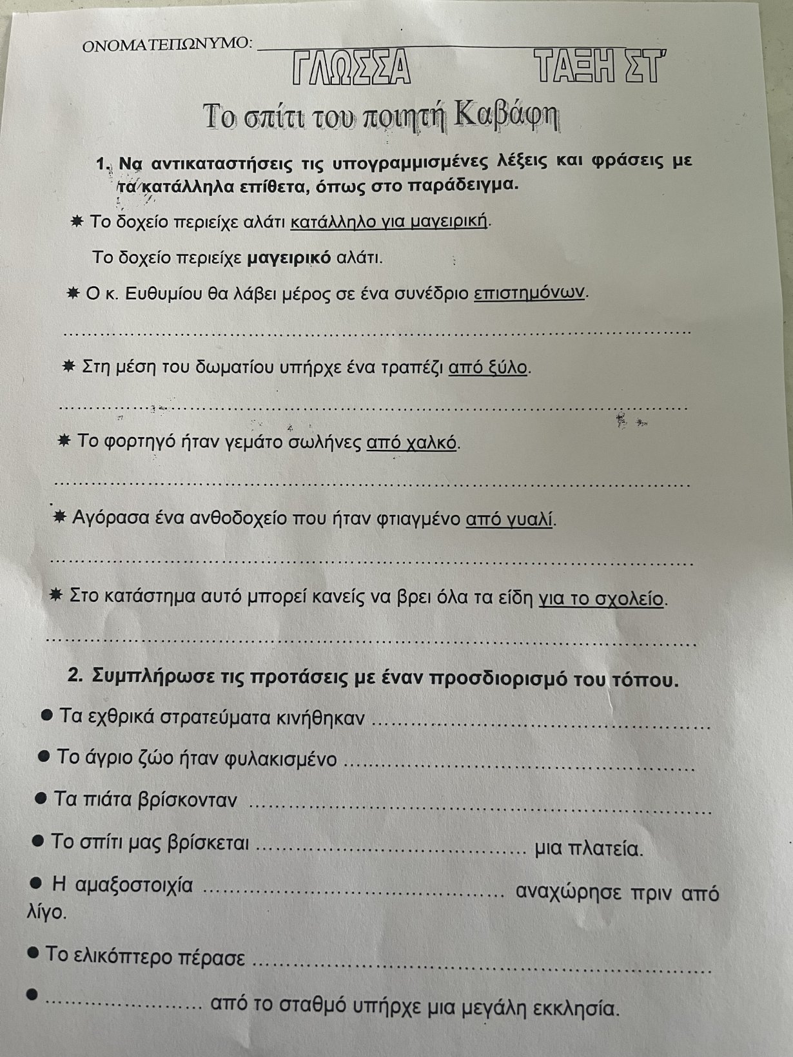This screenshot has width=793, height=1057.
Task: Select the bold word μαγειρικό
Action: pos(289,258)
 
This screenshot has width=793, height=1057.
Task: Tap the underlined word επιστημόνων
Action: pos(530,293)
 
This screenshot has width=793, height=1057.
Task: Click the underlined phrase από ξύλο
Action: pos(488,368)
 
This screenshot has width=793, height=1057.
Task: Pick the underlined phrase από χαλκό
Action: pos(411,443)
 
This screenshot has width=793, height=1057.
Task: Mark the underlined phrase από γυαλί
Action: pos(509,519)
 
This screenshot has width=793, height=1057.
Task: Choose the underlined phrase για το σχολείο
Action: pos(601,599)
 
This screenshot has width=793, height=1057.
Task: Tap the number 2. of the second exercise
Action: pos(75,677)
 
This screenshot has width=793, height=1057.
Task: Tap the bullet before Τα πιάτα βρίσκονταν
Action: pos(41,799)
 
